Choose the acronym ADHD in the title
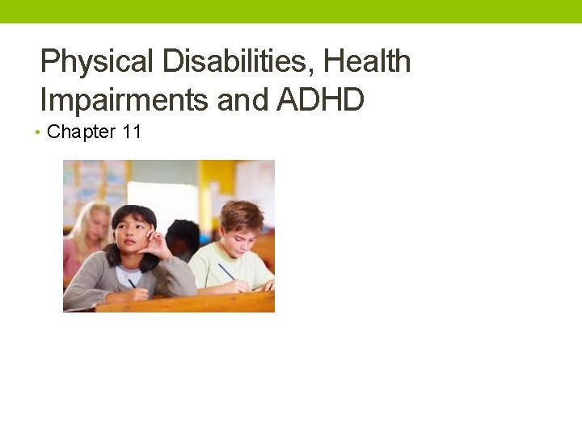click(321, 101)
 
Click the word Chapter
click(81, 132)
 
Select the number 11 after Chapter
click(132, 132)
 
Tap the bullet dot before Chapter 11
click(39, 132)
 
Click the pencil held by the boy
click(226, 272)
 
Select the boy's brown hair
click(241, 214)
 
